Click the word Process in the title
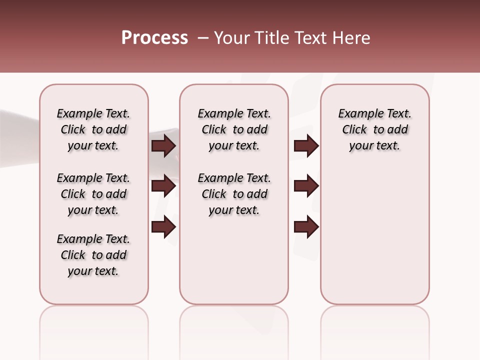click(154, 38)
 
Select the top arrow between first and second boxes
click(163, 145)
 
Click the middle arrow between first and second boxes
click(163, 186)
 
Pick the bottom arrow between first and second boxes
click(163, 227)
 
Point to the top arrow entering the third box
click(306, 145)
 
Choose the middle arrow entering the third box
click(306, 186)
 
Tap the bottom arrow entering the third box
click(306, 227)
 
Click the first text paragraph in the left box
click(93, 129)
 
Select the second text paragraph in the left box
click(93, 194)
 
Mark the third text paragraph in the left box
click(93, 255)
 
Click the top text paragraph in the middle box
click(234, 129)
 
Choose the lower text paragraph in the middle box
click(234, 194)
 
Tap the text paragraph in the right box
click(374, 129)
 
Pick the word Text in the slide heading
click(309, 38)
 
